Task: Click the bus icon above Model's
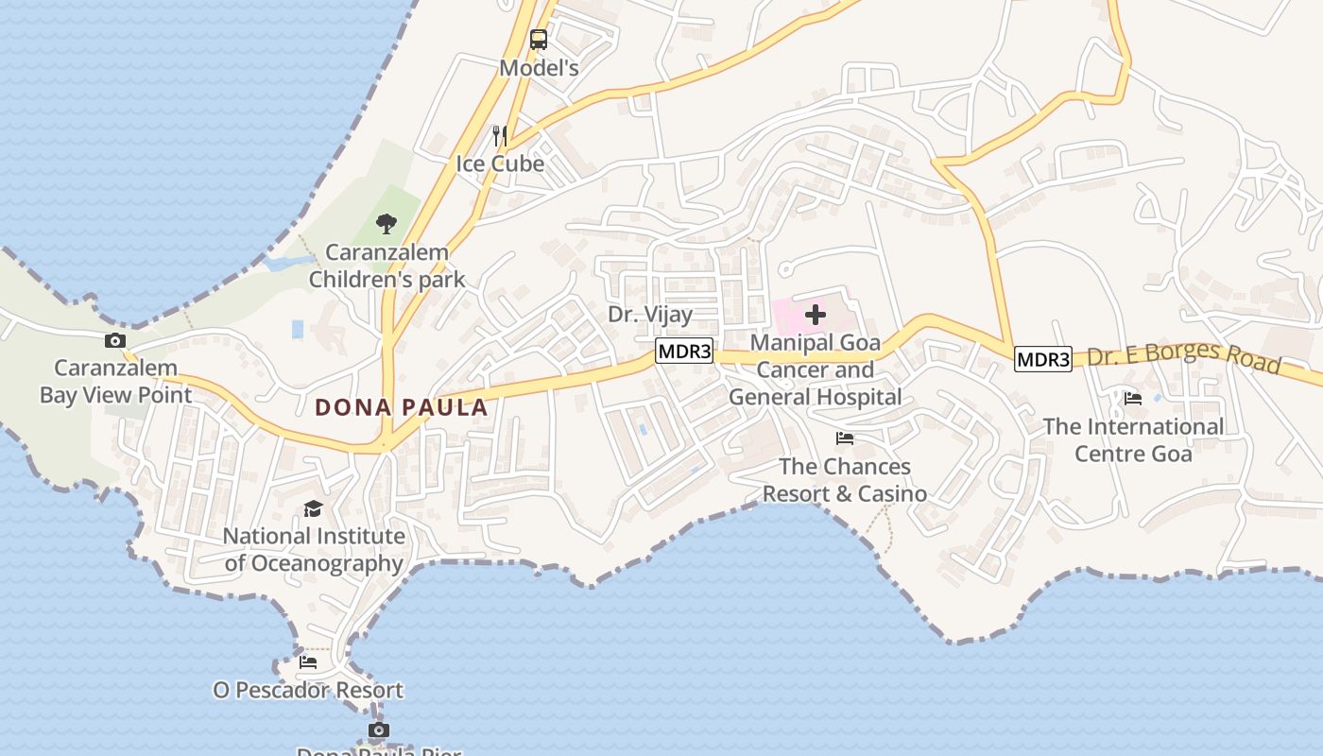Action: tap(539, 40)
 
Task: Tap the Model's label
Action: tap(539, 68)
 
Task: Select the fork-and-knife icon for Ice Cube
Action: tap(500, 136)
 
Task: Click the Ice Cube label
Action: tap(500, 163)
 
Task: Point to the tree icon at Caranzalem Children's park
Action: tap(386, 224)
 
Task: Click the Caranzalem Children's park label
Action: tap(387, 266)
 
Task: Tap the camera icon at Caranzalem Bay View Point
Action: tap(115, 340)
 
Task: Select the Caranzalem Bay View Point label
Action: tap(115, 381)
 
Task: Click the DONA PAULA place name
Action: tap(402, 407)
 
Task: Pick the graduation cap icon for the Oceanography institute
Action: tap(313, 509)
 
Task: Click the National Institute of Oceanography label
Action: tap(314, 549)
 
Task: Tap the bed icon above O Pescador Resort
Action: tap(308, 661)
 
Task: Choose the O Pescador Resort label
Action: tap(308, 690)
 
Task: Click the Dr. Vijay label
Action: tap(650, 314)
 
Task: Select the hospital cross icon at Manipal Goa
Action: tap(815, 315)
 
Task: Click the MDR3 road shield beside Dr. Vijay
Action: tap(684, 352)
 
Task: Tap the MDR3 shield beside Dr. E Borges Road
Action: tap(1043, 359)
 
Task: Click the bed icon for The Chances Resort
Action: tap(845, 438)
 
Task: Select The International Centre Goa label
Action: tap(1133, 439)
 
